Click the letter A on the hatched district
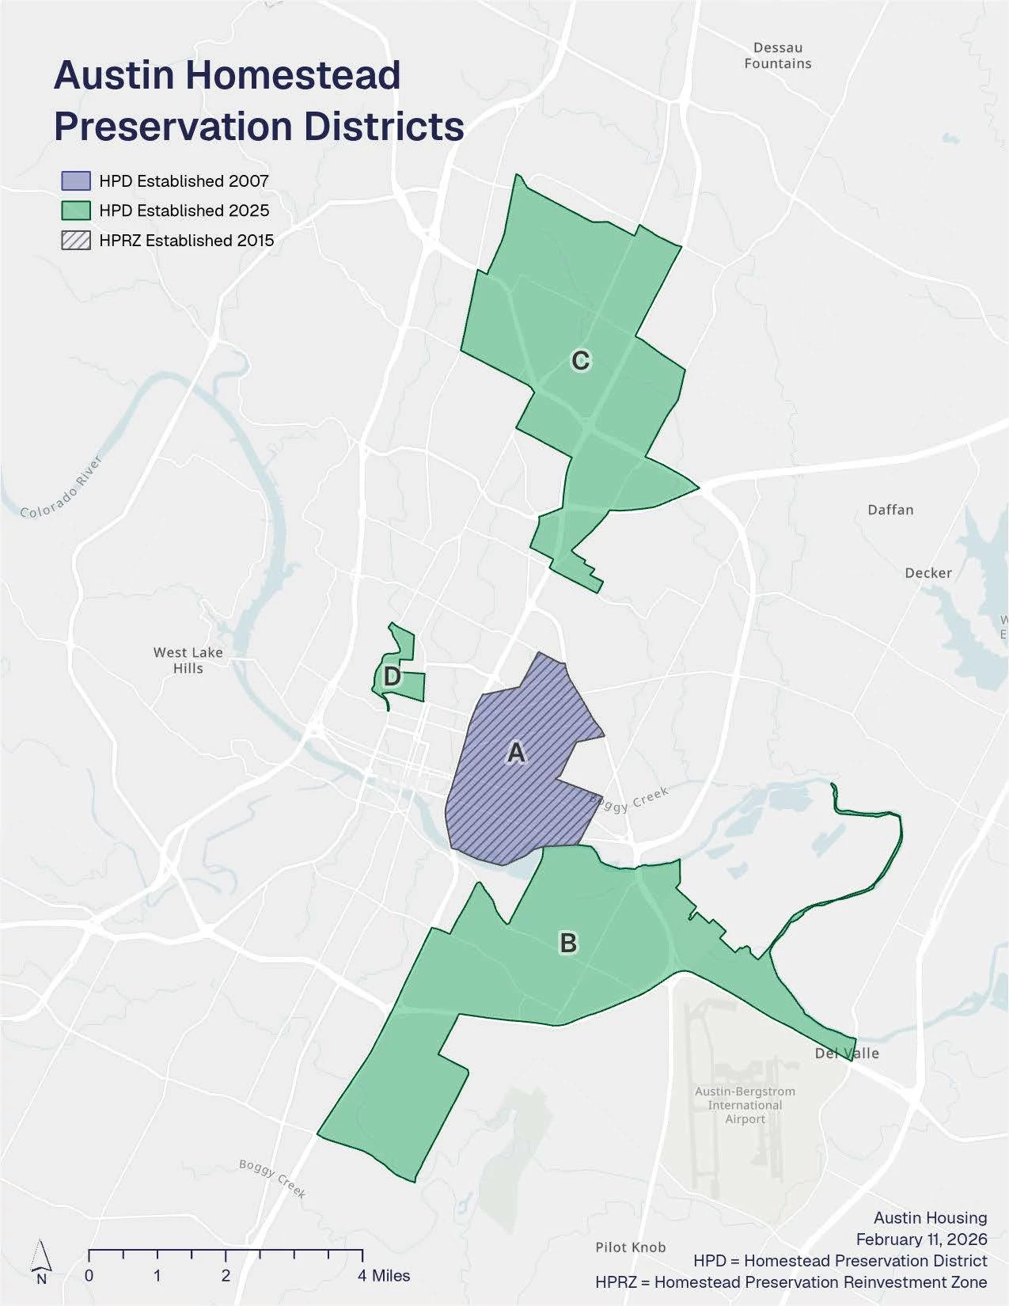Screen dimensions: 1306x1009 tap(516, 752)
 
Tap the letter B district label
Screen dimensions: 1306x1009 tap(568, 943)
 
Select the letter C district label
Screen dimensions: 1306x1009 tap(580, 361)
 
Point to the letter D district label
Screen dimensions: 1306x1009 tap(392, 677)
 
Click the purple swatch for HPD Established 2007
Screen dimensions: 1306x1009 tap(76, 181)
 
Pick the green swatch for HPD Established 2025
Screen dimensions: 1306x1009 tap(76, 211)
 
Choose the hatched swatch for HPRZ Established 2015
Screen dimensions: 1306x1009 tap(76, 241)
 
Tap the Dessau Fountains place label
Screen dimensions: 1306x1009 tap(778, 56)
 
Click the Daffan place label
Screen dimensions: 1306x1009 tap(890, 510)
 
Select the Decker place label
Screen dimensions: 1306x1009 tap(928, 573)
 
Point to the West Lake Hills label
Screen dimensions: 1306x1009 tap(188, 660)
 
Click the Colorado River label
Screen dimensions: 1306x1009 tap(62, 487)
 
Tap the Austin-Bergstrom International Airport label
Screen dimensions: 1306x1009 tap(745, 1105)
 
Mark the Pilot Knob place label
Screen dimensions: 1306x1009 tap(631, 1247)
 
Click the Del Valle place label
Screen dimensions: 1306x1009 tap(847, 1054)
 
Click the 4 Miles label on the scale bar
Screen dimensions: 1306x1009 tap(384, 1275)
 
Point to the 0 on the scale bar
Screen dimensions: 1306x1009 tap(89, 1275)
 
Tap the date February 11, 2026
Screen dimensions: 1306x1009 tap(921, 1239)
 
